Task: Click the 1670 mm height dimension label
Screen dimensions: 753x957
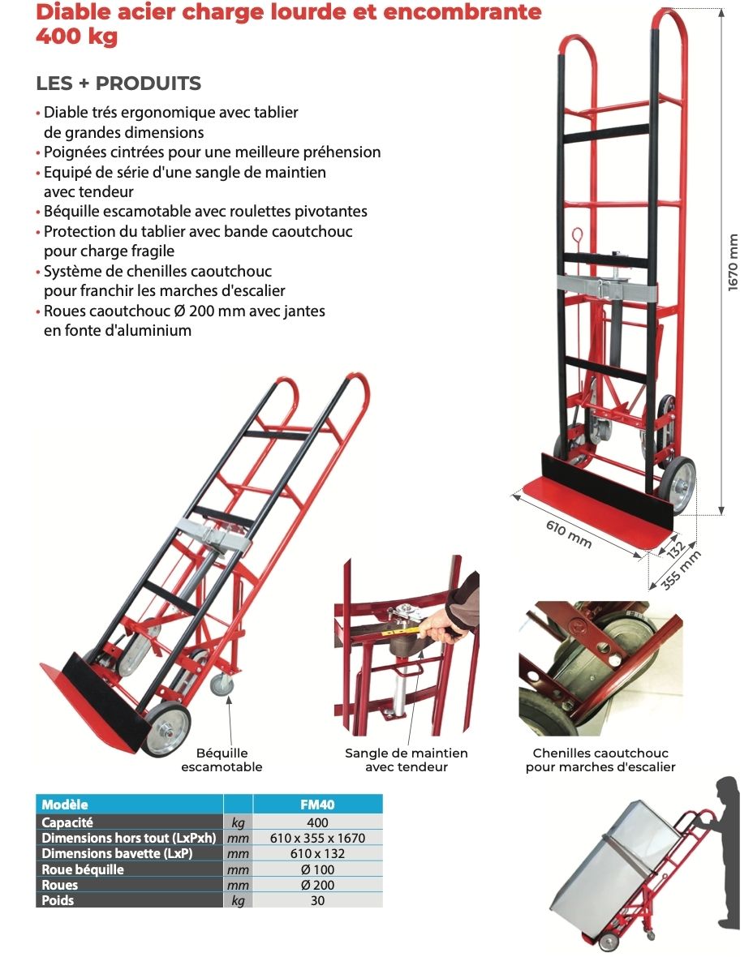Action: tap(734, 262)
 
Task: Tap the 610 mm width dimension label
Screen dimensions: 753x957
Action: tap(569, 534)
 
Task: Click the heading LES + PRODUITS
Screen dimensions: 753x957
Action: tap(118, 83)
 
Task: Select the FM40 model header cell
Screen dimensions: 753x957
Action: tap(317, 805)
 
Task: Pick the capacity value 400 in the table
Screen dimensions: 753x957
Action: tap(317, 822)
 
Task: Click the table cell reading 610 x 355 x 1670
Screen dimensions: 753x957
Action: tap(317, 838)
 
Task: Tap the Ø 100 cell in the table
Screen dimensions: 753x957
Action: tap(317, 869)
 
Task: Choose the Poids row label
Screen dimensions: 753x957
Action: tap(58, 900)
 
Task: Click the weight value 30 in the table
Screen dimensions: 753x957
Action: tap(317, 900)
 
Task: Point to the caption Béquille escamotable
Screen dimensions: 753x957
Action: tap(222, 760)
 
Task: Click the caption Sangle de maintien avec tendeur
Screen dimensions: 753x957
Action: tap(407, 760)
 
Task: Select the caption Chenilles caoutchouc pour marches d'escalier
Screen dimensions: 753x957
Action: tap(600, 760)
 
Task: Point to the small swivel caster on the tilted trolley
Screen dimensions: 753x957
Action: tap(222, 684)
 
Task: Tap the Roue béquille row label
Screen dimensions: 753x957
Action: tap(83, 869)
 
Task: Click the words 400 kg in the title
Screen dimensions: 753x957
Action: tap(76, 36)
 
